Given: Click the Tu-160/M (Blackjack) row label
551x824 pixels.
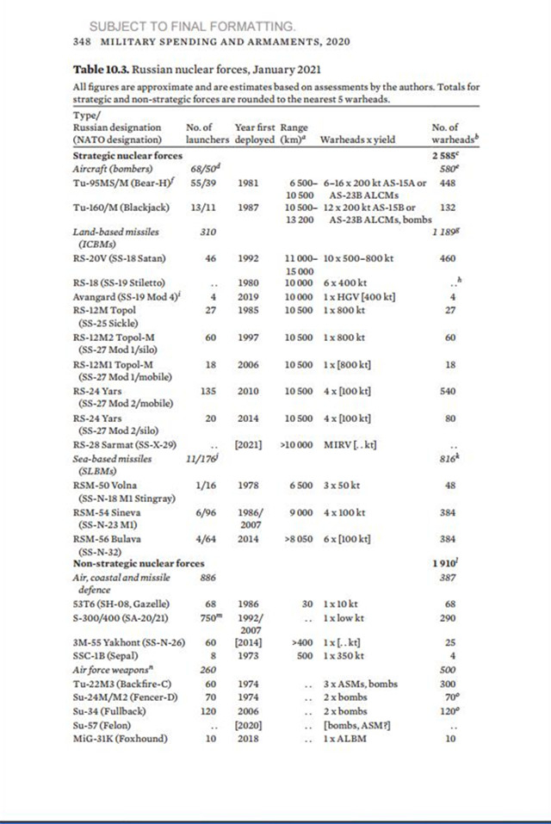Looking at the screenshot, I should pos(120,208).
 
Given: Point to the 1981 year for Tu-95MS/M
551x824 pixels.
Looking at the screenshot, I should pos(247,182).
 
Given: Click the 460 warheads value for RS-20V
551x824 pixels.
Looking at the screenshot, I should pos(446,258).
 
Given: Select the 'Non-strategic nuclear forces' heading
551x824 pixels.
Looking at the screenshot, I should pos(138,562).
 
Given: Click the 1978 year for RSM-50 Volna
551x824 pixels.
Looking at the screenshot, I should pos(247,486).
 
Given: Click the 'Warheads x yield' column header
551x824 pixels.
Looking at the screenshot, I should pos(357,139).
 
